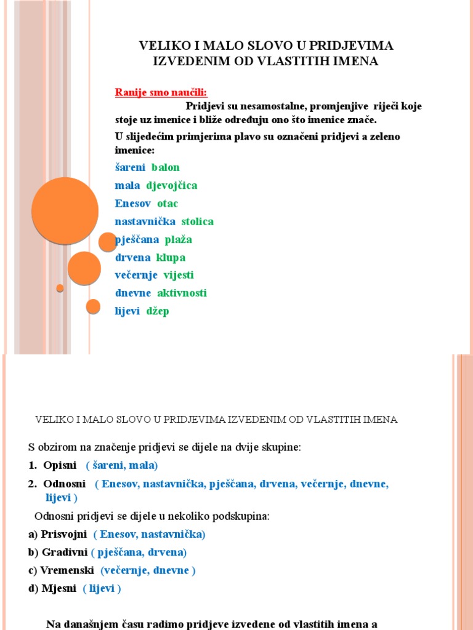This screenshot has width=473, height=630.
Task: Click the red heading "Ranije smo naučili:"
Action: (161, 92)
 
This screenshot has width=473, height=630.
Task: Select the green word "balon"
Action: (166, 167)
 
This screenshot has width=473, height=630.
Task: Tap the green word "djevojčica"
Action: (172, 185)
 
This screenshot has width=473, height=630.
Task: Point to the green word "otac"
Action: (168, 203)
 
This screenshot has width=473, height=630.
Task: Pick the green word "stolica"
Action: (198, 221)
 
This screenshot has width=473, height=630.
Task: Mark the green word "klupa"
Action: (171, 257)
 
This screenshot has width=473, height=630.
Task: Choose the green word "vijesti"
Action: (179, 275)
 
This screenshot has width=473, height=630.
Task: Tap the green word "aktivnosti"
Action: (182, 293)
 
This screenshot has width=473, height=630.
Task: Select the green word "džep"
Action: (158, 311)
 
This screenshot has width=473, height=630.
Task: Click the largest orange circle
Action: (65, 210)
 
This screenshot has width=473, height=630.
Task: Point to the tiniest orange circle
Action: (60, 288)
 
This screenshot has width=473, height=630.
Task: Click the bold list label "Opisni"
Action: (60, 465)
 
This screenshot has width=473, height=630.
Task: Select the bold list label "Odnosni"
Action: (65, 484)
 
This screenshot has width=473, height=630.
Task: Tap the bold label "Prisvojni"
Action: (64, 534)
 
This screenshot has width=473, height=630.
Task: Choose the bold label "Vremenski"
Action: (67, 570)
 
